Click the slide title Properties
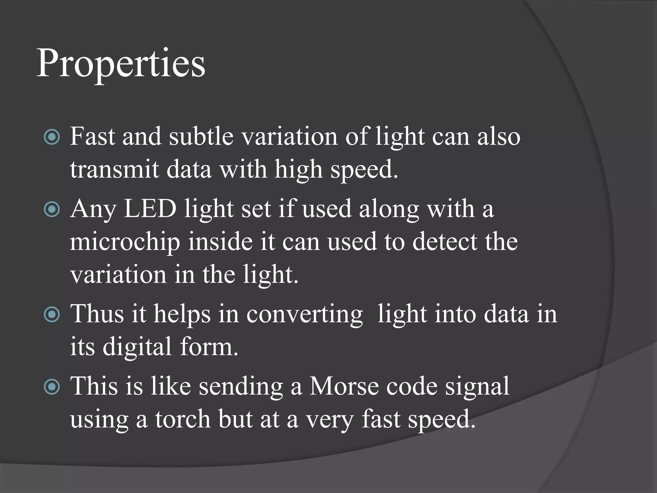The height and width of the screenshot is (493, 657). coord(121,64)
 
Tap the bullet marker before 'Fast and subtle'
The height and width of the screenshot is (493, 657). coord(52,137)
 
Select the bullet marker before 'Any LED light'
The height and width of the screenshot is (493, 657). coord(52,210)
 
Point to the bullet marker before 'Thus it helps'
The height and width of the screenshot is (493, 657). coord(52,315)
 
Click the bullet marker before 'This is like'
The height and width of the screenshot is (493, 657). coord(52,387)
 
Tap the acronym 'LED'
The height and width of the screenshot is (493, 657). coord(150,209)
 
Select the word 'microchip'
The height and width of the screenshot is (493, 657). coord(125,242)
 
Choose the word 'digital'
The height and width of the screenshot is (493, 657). coord(137,347)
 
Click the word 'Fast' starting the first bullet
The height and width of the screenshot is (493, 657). coord(92,136)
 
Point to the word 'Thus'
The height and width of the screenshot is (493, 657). coord(97,314)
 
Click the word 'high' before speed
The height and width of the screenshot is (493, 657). coord(298,170)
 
